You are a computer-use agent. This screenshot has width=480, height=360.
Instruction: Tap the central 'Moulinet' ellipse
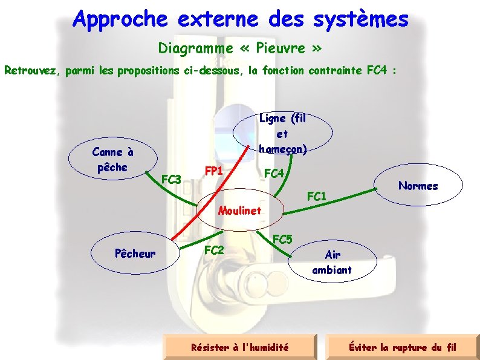point(239,211)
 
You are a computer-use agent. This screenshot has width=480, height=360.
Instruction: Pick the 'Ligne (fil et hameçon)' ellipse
point(282,134)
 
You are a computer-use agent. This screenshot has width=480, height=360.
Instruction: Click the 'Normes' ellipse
point(418,186)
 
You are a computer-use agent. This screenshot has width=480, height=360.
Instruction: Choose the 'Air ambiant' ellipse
point(332,263)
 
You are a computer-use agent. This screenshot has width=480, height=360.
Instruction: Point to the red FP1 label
point(214,171)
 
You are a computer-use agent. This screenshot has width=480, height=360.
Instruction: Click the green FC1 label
point(317,196)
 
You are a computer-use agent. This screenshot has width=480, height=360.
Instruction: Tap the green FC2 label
point(214,249)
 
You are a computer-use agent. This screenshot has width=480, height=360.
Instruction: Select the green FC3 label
point(172,179)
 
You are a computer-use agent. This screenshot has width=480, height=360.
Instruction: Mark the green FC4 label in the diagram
point(274,174)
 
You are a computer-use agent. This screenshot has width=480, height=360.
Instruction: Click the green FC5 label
point(283,239)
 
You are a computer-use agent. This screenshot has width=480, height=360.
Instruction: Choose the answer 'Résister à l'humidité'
point(240,347)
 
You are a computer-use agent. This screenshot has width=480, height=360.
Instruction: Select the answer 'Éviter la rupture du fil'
point(403,347)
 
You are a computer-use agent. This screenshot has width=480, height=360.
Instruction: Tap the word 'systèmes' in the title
point(361,19)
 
